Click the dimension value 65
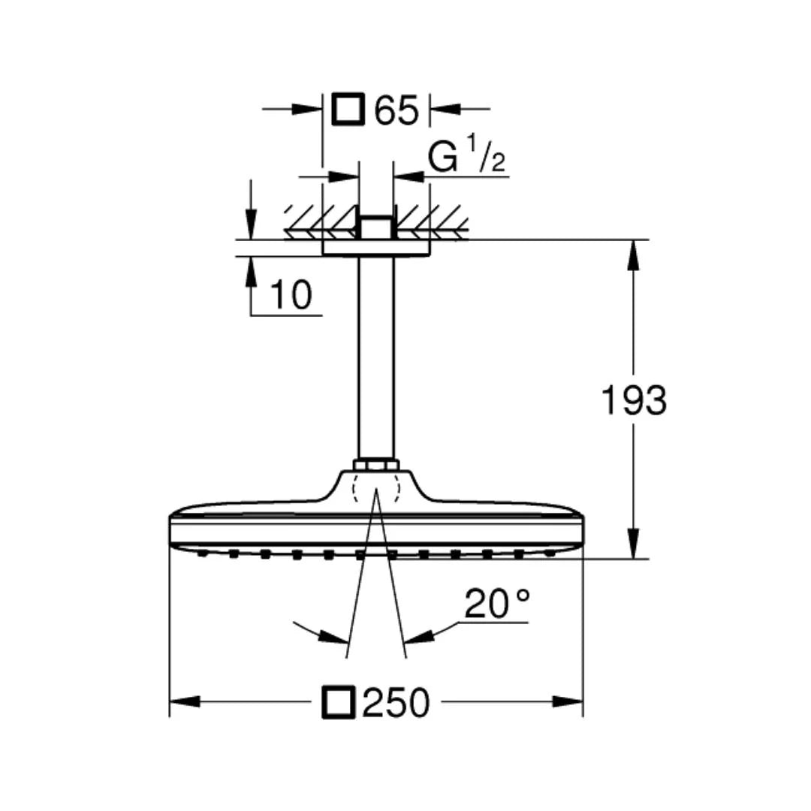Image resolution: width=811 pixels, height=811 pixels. (x=396, y=110)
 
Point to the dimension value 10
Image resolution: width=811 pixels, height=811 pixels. (x=290, y=295)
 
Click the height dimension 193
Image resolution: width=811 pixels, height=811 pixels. (x=633, y=401)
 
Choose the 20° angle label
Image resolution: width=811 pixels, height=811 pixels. (x=496, y=603)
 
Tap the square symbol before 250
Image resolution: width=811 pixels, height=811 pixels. (x=339, y=703)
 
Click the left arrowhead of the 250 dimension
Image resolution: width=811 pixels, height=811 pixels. (x=185, y=701)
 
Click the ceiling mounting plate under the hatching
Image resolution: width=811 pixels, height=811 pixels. (x=376, y=249)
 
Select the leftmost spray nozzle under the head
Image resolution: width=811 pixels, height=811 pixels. (x=203, y=554)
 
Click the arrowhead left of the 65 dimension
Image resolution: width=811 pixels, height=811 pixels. (x=308, y=109)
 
